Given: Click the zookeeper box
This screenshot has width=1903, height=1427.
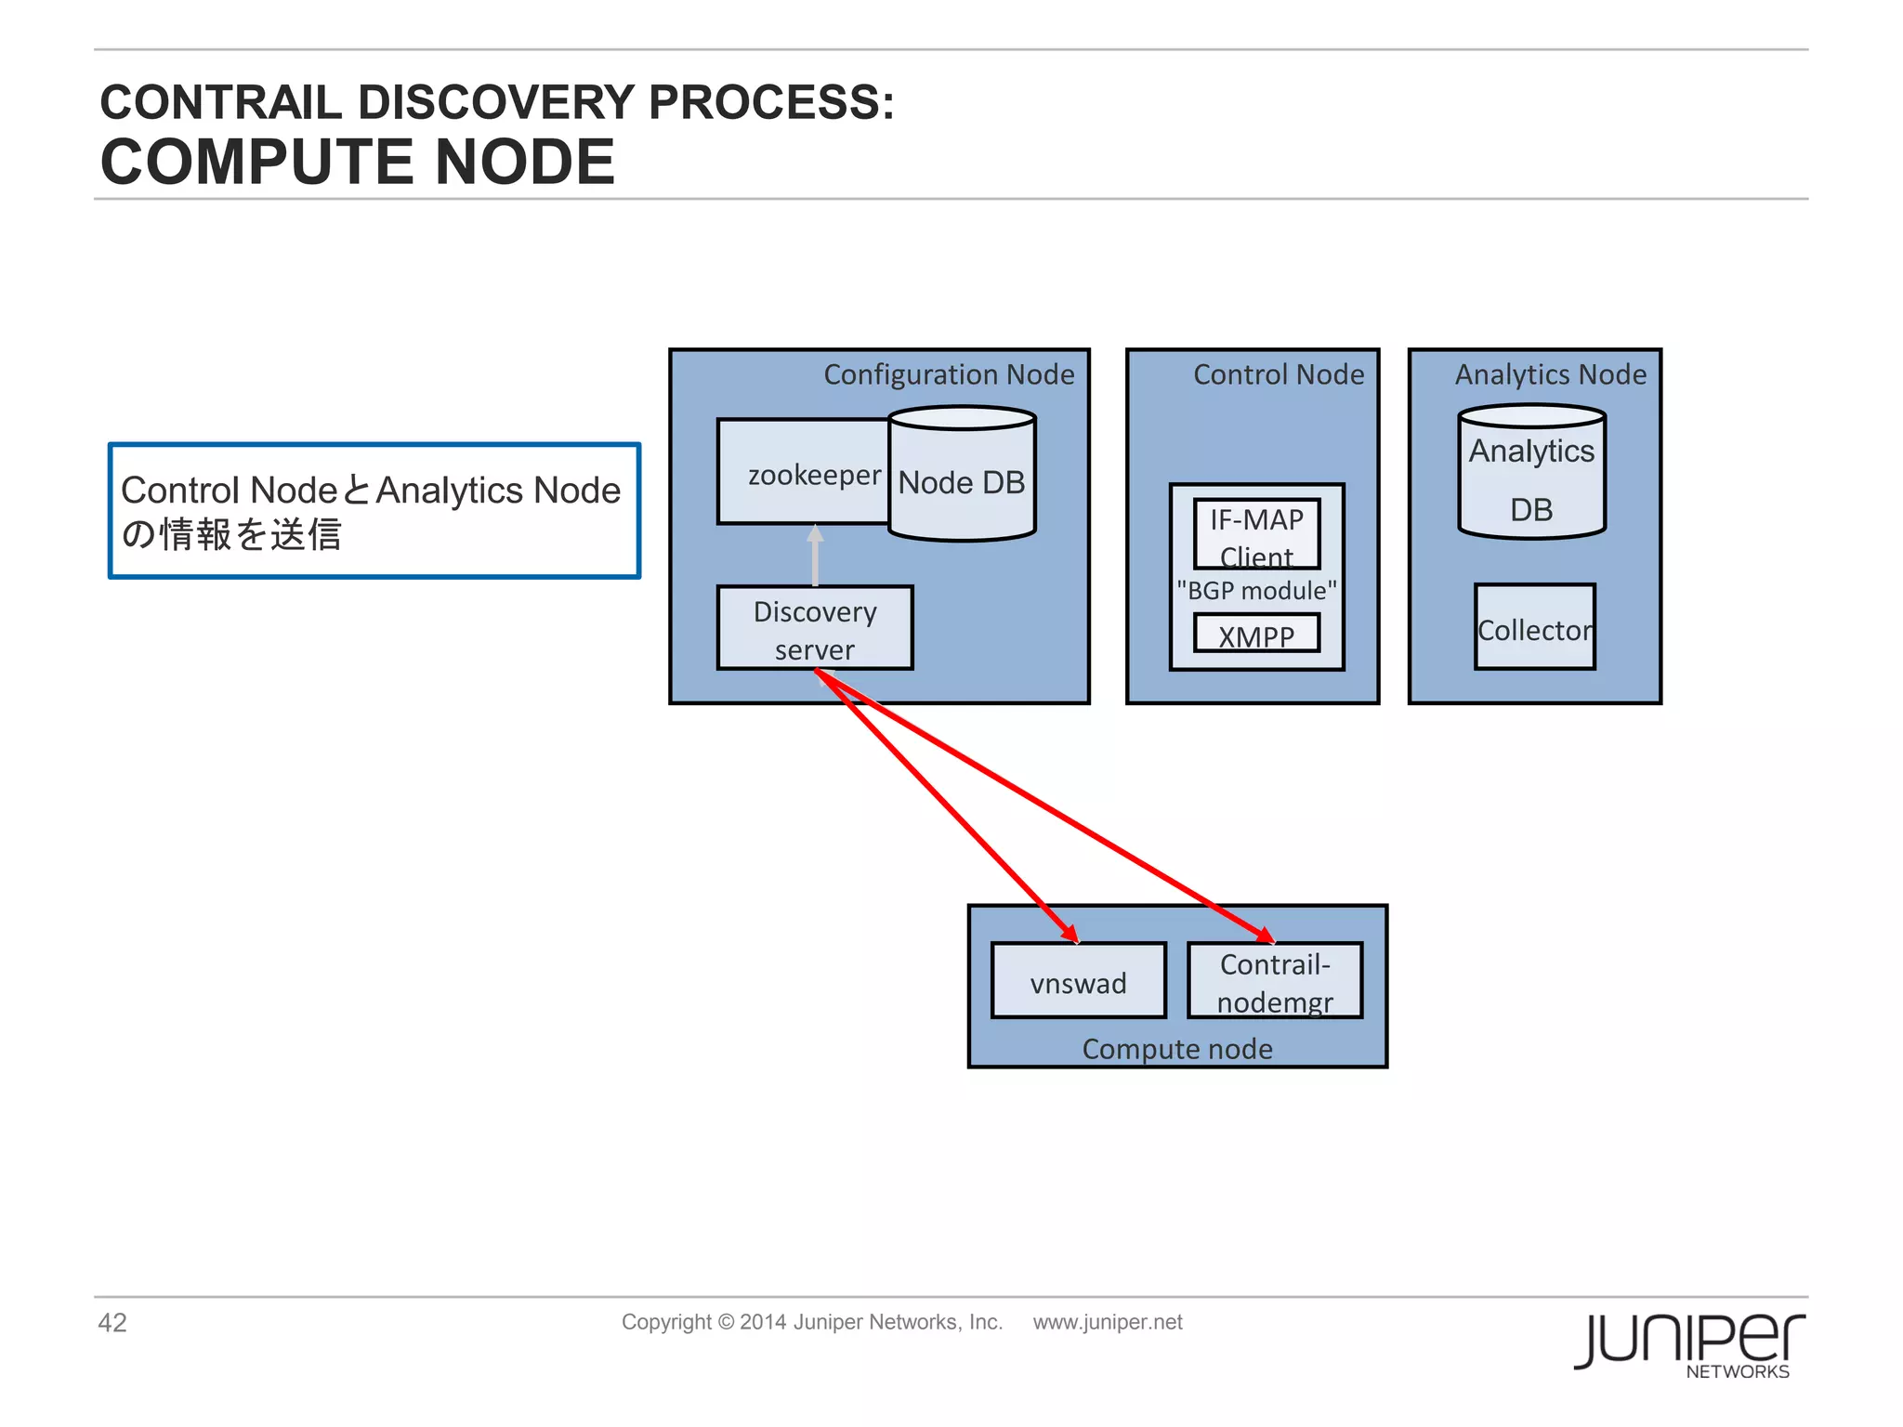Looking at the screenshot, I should [x=804, y=472].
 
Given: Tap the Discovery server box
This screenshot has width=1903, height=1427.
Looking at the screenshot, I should [x=815, y=628].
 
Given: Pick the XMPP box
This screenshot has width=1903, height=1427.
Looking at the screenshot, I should [x=1256, y=635].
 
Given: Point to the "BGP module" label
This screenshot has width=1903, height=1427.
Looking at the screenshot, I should [x=1256, y=591].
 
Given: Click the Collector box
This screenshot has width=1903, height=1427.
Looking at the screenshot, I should [x=1534, y=628].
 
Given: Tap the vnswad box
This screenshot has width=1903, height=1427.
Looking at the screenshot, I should [x=1078, y=982].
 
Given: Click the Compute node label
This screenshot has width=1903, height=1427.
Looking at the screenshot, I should [x=1177, y=1049].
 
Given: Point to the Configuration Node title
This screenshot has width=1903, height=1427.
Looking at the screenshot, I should [x=948, y=374].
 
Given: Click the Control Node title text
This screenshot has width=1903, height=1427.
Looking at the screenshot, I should [x=1279, y=374].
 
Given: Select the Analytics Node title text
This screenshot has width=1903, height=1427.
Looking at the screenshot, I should [x=1550, y=374].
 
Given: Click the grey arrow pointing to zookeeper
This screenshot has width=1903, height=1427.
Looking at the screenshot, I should [x=815, y=556].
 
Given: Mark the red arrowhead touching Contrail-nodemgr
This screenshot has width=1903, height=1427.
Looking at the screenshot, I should [x=1266, y=936].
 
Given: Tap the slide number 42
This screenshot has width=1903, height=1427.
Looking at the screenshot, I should [x=112, y=1323].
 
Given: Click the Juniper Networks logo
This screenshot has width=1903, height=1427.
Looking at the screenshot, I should [x=1689, y=1343].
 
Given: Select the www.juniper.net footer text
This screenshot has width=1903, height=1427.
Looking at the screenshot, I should [x=1108, y=1322].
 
